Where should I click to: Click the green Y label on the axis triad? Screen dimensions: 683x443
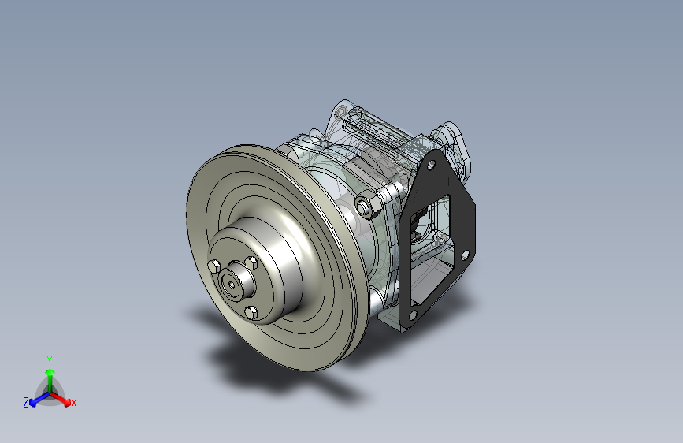point(50,360)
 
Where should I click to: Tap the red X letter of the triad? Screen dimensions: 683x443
point(73,403)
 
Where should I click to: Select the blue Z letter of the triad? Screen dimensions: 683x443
point(26,403)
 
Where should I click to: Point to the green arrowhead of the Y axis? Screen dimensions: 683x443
point(50,373)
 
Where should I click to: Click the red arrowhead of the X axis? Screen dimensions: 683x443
point(67,402)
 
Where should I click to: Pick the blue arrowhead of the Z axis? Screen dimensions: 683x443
point(33,403)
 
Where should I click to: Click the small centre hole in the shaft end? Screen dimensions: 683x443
point(232,285)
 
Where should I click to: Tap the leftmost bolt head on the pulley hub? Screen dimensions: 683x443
point(214,266)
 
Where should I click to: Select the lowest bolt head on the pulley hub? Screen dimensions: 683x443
point(251,313)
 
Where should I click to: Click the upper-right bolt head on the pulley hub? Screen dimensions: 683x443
point(251,263)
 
